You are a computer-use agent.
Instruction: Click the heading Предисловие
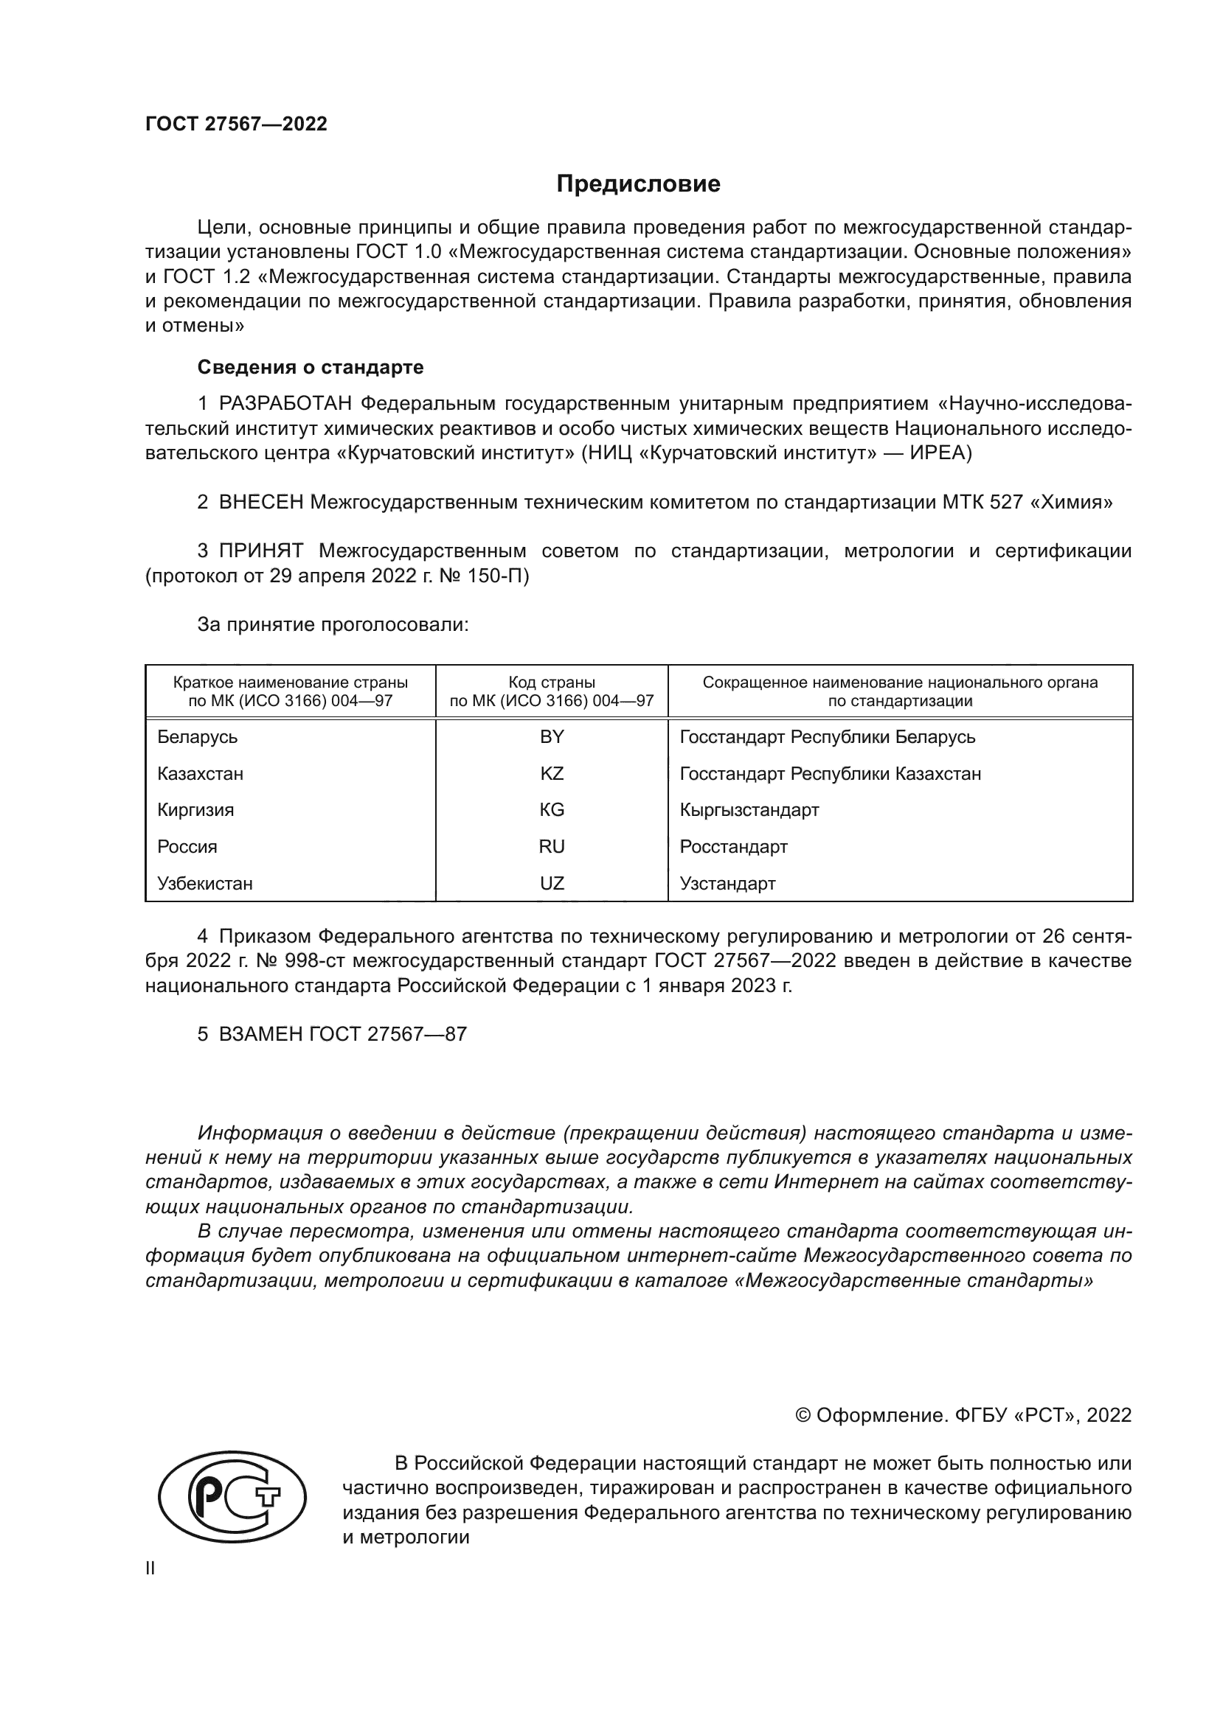[638, 184]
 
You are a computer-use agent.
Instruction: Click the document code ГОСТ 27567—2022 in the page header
[236, 124]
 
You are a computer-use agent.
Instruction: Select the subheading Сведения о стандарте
[311, 367]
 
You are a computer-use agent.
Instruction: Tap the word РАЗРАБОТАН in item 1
[285, 404]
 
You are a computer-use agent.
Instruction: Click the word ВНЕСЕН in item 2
[260, 503]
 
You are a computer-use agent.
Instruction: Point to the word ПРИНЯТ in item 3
[260, 551]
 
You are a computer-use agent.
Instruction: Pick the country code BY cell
[552, 737]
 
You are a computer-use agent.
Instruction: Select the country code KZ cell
[552, 774]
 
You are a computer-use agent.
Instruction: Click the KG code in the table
[552, 810]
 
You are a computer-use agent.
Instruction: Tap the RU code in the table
[552, 847]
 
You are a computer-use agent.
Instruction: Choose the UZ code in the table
[552, 884]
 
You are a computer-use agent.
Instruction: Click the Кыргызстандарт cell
[749, 810]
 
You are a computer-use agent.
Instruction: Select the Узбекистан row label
[205, 884]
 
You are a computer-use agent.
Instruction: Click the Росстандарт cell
[733, 847]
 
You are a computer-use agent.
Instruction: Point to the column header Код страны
[552, 683]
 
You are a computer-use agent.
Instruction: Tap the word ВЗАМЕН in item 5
[260, 1035]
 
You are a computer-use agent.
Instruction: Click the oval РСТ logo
[232, 1497]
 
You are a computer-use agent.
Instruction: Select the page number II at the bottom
[150, 1568]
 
